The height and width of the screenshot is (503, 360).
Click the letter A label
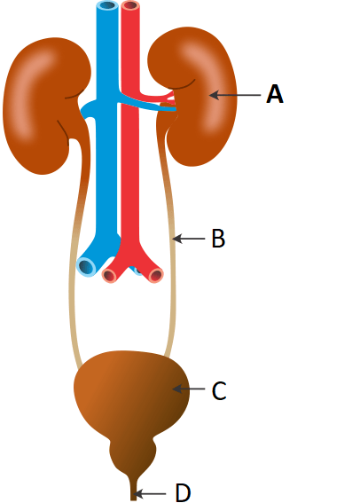coord(275,94)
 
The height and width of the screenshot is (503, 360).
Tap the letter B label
coord(218,239)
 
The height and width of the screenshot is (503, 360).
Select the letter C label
coord(219,390)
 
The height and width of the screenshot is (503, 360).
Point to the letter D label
coord(183,492)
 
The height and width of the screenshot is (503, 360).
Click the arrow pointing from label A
coord(235,95)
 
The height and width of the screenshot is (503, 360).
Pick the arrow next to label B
coord(189,239)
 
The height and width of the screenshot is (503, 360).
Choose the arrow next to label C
coord(189,389)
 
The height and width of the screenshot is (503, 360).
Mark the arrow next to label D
coord(149,493)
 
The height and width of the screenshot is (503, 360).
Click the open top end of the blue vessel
coord(107,5)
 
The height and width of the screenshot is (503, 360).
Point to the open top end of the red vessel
coord(131,5)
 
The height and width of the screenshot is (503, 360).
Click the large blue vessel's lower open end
coord(87,266)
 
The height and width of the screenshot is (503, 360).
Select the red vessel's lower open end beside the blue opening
coord(110,276)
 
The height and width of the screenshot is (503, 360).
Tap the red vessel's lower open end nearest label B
coord(155,276)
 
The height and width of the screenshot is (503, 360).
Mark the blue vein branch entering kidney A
coord(147,106)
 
